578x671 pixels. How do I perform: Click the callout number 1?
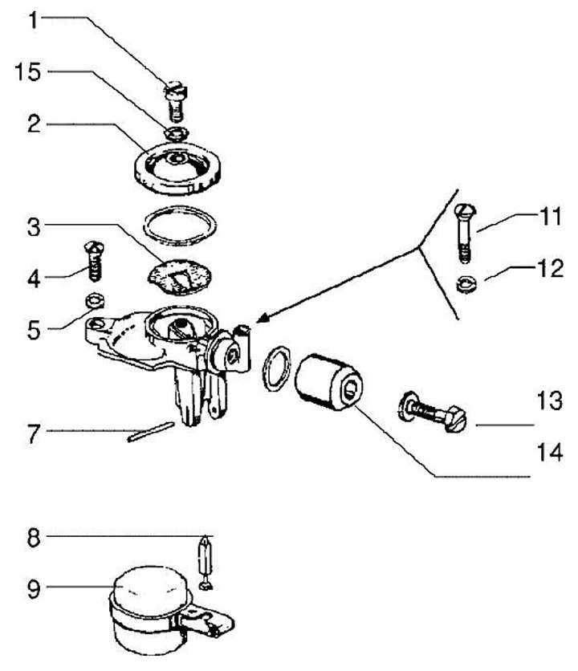tap(33, 19)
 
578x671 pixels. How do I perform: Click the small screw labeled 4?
tap(94, 260)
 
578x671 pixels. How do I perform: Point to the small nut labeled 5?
tap(93, 301)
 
